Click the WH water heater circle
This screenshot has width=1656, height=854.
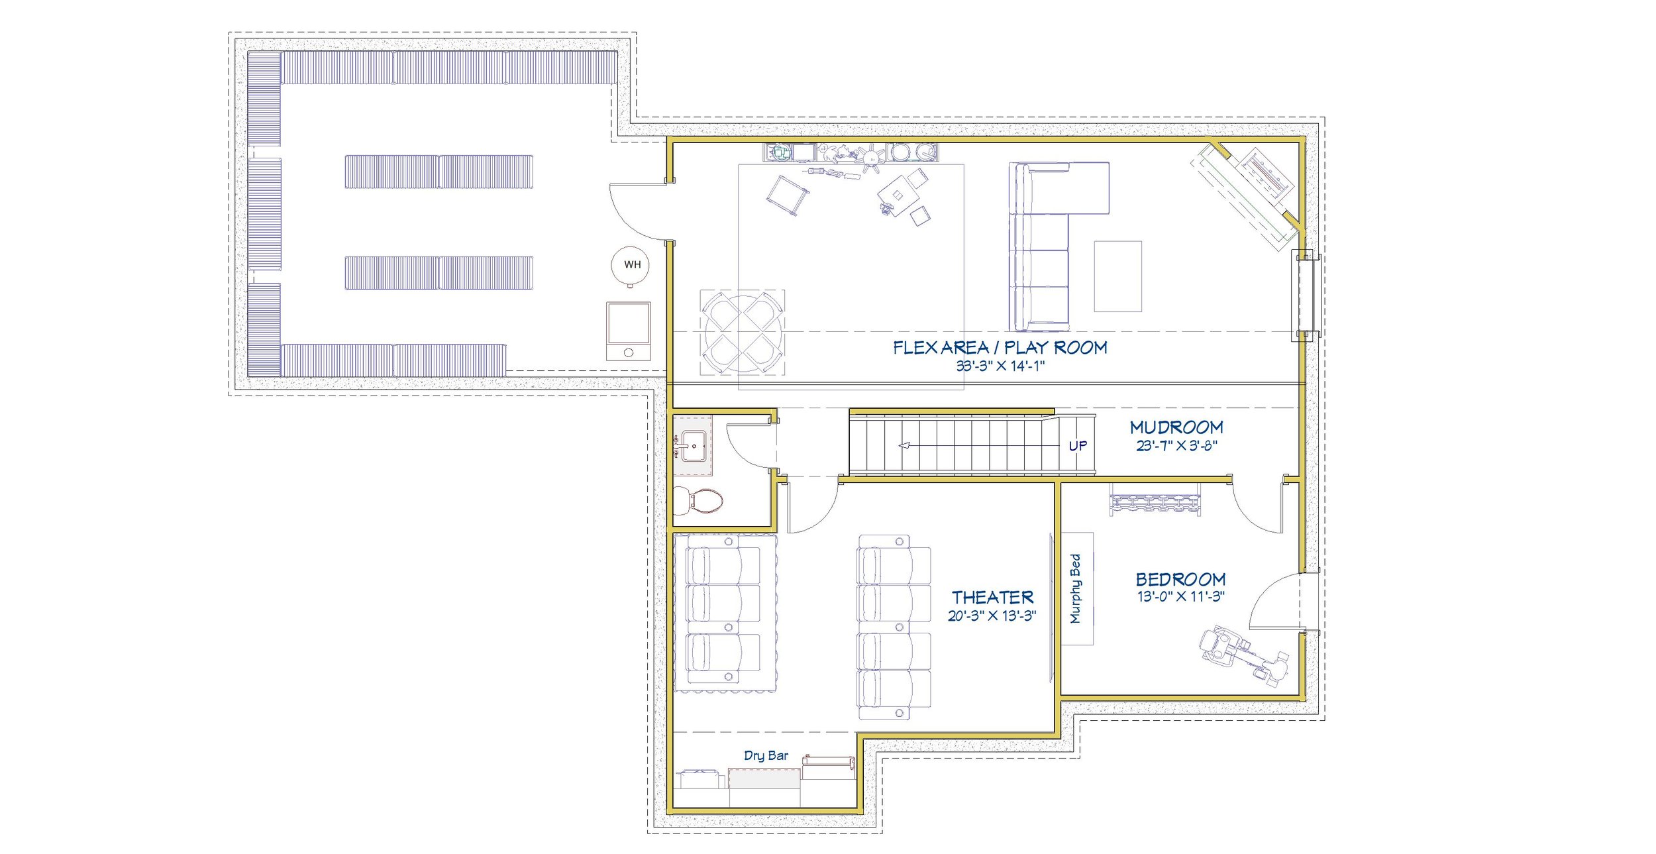[x=630, y=264]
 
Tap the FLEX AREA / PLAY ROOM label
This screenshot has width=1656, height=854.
[x=1000, y=347]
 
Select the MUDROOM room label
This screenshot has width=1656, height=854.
[x=1176, y=427]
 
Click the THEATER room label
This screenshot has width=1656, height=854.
[x=992, y=598]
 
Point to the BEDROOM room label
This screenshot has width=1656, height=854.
[x=1180, y=580]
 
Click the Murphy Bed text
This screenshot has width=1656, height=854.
[x=1075, y=588]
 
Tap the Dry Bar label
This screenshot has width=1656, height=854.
[x=766, y=755]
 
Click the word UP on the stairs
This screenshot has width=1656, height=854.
[x=1077, y=446]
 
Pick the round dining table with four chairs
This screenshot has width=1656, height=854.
[x=743, y=332]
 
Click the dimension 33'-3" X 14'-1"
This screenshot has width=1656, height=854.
[x=1000, y=366]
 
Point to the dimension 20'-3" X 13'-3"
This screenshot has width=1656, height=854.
[x=992, y=615]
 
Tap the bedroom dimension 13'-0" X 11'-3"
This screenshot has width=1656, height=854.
[x=1180, y=596]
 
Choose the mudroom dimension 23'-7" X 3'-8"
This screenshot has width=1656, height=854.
[x=1176, y=446]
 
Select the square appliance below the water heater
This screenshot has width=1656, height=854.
[x=628, y=331]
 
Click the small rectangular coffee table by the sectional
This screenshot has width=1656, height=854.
[x=1117, y=276]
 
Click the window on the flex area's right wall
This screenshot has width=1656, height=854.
[x=1306, y=295]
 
